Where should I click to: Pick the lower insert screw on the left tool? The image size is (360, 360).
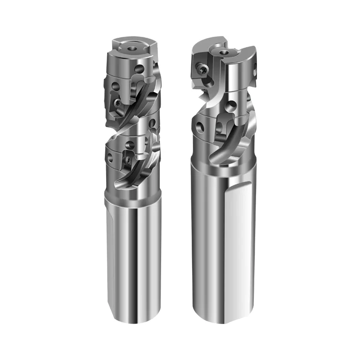(127, 158)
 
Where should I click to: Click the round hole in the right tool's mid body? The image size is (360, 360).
(231, 106)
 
